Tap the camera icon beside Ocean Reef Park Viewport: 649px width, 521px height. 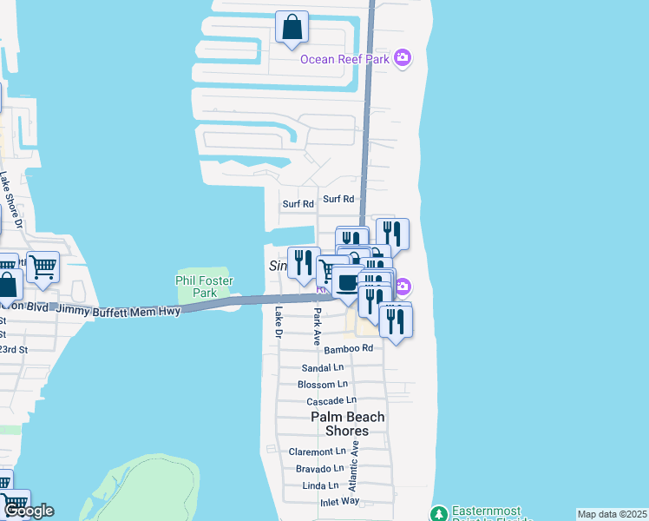pos(402,58)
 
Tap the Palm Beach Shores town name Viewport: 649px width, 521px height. pos(347,424)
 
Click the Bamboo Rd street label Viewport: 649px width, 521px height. pos(348,348)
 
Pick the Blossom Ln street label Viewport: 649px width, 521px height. pos(322,384)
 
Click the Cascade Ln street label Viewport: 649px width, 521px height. pos(331,400)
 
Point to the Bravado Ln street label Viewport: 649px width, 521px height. pos(320,468)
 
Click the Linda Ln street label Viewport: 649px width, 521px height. pos(320,485)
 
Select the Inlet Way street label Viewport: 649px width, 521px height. pos(338,501)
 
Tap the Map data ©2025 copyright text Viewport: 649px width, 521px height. pos(612,514)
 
